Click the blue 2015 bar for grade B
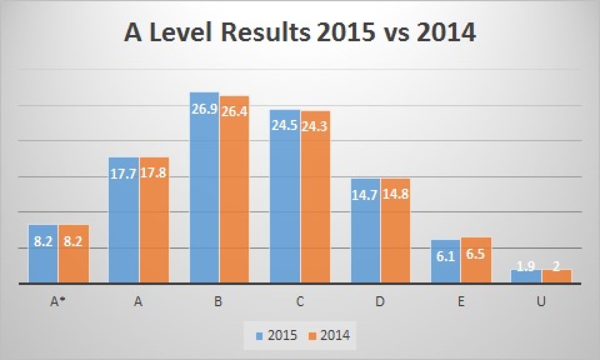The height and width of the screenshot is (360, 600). pyautogui.click(x=205, y=187)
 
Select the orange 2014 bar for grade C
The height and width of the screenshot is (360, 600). pyautogui.click(x=315, y=197)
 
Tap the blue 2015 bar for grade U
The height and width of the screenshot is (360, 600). pyautogui.click(x=526, y=277)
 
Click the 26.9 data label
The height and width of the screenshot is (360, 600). pyautogui.click(x=204, y=109)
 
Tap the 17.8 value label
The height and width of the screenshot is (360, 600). pyautogui.click(x=153, y=173)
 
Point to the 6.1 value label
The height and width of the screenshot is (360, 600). pyautogui.click(x=446, y=256)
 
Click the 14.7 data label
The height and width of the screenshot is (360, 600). pyautogui.click(x=365, y=195)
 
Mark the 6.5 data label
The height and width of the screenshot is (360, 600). pyautogui.click(x=476, y=254)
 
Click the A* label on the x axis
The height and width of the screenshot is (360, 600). pyautogui.click(x=57, y=302)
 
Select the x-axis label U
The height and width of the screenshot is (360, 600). pyautogui.click(x=541, y=302)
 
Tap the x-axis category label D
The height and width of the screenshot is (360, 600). pyautogui.click(x=380, y=302)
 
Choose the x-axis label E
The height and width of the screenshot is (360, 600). pyautogui.click(x=461, y=302)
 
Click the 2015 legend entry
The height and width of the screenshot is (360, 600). pyautogui.click(x=277, y=336)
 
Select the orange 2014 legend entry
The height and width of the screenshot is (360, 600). pyautogui.click(x=330, y=336)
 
